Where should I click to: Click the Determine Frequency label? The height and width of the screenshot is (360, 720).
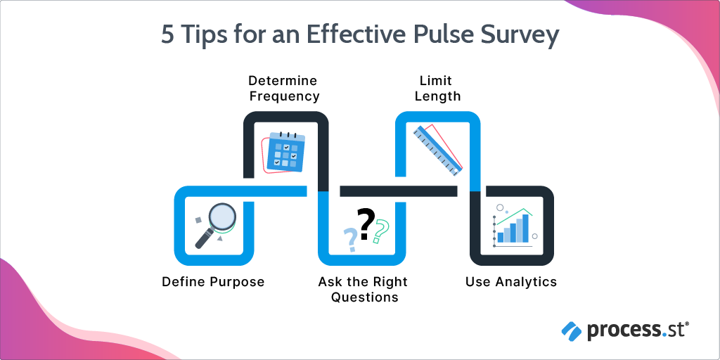click(283, 89)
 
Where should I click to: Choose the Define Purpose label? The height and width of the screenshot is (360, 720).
click(213, 282)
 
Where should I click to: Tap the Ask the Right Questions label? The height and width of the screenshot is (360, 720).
click(363, 290)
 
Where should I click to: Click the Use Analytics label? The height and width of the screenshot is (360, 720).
click(511, 282)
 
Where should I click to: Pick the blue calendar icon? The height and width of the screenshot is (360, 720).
click(287, 152)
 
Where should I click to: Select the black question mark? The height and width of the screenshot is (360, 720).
click(365, 224)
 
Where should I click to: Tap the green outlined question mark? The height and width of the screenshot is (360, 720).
click(381, 231)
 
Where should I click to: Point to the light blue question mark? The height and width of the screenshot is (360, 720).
click(349, 240)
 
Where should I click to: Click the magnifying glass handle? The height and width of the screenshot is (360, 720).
click(204, 238)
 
